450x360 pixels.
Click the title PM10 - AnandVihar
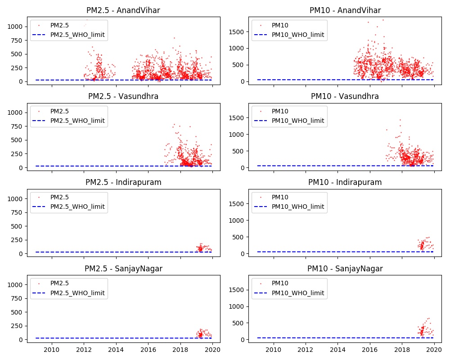tap(345, 10)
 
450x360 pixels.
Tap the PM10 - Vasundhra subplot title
tap(345, 96)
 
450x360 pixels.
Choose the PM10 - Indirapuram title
tap(345, 182)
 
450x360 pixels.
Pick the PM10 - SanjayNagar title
tap(345, 269)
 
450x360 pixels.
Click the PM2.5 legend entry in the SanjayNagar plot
tap(59, 283)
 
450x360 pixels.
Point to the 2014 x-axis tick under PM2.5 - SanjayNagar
tap(116, 350)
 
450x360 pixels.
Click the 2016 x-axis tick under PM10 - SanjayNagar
tap(369, 350)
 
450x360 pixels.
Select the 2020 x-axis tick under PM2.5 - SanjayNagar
tap(213, 350)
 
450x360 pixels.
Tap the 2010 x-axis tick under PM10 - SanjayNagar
tap(273, 350)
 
